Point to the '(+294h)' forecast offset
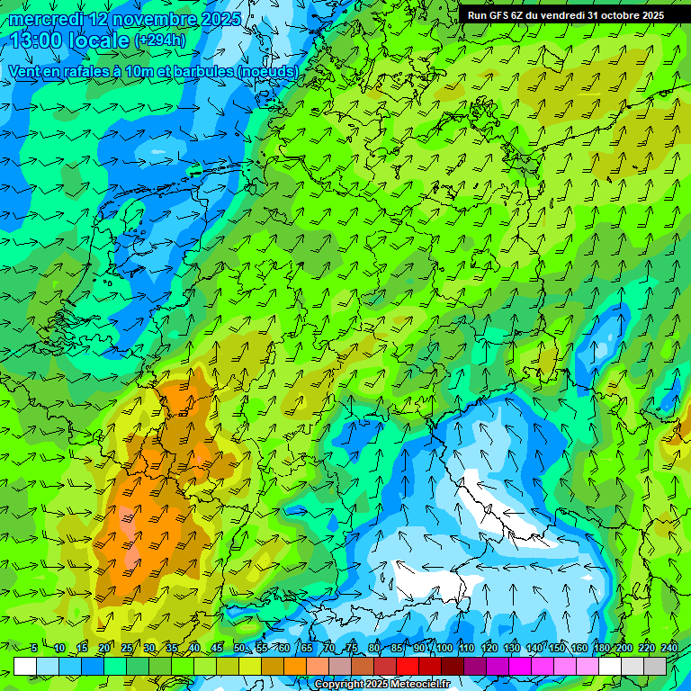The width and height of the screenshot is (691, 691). tap(160, 40)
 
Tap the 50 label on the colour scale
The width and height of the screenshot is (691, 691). tap(239, 649)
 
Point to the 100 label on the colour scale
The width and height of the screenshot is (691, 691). tap(444, 649)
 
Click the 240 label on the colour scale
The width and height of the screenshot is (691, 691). tap(669, 649)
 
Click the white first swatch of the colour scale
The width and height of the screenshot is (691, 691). tap(25, 666)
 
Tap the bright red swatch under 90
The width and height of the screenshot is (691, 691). tap(408, 666)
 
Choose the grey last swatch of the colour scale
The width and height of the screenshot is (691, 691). tap(655, 666)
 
